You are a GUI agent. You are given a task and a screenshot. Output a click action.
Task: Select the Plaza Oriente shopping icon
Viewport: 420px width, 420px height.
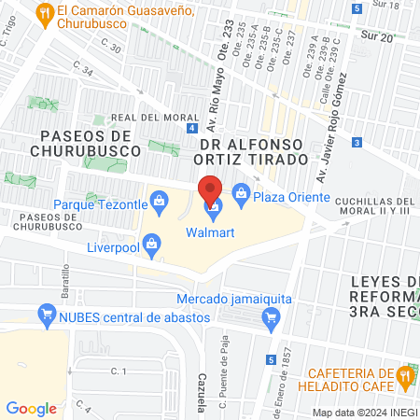point(241,198)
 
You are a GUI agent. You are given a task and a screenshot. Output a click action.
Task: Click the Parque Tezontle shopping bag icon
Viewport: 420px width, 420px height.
point(159,199)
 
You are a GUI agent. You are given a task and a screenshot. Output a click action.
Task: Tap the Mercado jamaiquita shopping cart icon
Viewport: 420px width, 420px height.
point(272,316)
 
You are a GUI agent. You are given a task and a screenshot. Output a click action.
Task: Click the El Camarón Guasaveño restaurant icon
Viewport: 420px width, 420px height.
point(43,12)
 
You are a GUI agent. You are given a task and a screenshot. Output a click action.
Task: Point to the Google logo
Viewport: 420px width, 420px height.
point(31,409)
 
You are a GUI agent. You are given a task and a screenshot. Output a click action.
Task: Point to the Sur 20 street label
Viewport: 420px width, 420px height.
point(402,37)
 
